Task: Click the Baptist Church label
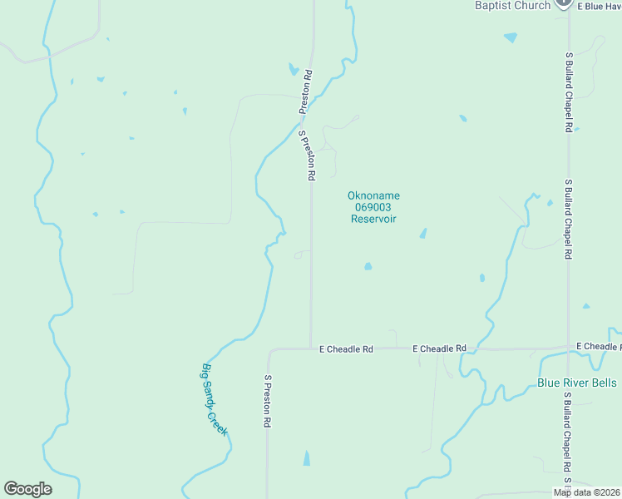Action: pyautogui.click(x=512, y=6)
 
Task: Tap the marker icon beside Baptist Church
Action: pyautogui.click(x=564, y=3)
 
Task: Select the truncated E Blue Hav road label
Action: pyautogui.click(x=597, y=6)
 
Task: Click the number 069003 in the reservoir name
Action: pyautogui.click(x=373, y=207)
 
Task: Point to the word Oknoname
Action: pyautogui.click(x=373, y=196)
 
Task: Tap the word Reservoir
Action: pyautogui.click(x=373, y=219)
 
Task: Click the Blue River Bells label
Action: pyautogui.click(x=577, y=383)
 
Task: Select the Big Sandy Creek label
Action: pyautogui.click(x=214, y=398)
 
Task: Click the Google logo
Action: pyautogui.click(x=27, y=489)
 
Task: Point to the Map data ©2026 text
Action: pyautogui.click(x=586, y=492)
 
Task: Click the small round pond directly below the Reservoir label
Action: pyautogui.click(x=368, y=266)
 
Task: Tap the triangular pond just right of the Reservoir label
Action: pyautogui.click(x=423, y=234)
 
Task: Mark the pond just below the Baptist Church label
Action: pyautogui.click(x=510, y=37)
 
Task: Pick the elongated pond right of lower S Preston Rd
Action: pyautogui.click(x=307, y=457)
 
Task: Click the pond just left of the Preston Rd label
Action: pyautogui.click(x=293, y=69)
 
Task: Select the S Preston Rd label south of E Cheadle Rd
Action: pyautogui.click(x=268, y=401)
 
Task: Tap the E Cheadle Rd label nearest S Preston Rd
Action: pyautogui.click(x=346, y=349)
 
